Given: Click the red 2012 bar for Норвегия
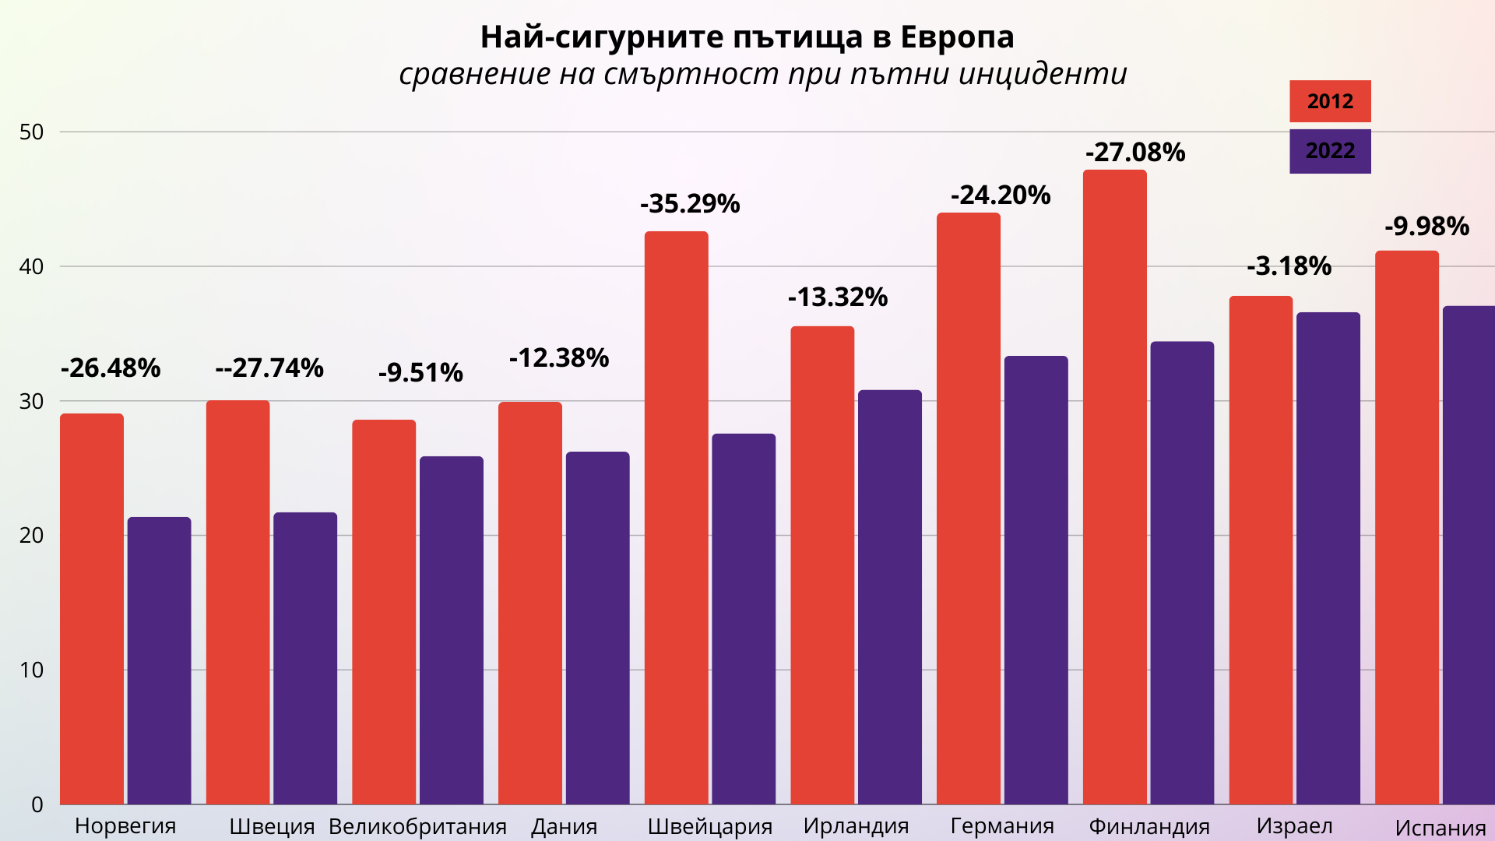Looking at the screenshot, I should pyautogui.click(x=92, y=607).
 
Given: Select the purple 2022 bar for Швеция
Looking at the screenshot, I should pyautogui.click(x=305, y=658).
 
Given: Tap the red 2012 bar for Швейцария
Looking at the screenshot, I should pyautogui.click(x=676, y=518).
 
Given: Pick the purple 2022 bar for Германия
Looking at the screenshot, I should pyautogui.click(x=1036, y=580).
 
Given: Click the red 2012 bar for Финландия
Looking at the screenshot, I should pyautogui.click(x=1114, y=487).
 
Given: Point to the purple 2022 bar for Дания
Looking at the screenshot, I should pyautogui.click(x=597, y=628).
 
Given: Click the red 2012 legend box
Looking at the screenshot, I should pyautogui.click(x=1330, y=101).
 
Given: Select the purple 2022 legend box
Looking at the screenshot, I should pyautogui.click(x=1330, y=151).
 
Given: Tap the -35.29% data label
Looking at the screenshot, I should pyautogui.click(x=690, y=204).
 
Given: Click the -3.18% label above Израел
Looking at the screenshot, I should pyautogui.click(x=1289, y=266).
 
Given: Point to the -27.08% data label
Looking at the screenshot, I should pyautogui.click(x=1135, y=153).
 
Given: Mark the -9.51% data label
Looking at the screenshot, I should pyautogui.click(x=420, y=373).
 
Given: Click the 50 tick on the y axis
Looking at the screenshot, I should pyautogui.click(x=32, y=132).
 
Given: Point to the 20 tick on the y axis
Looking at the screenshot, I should pyautogui.click(x=32, y=536).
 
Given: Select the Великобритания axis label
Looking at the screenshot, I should pyautogui.click(x=417, y=826).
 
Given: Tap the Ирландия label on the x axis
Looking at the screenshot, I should pyautogui.click(x=856, y=826).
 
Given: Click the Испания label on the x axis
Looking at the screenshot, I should pyautogui.click(x=1440, y=828).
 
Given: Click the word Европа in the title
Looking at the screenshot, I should pyautogui.click(x=957, y=37).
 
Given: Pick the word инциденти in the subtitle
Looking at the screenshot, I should pyautogui.click(x=1043, y=74).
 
